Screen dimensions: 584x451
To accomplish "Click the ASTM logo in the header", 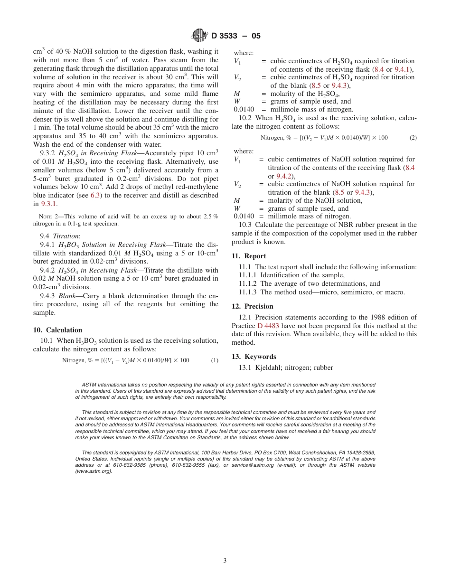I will [200, 35].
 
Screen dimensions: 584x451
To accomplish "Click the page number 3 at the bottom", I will [225, 560].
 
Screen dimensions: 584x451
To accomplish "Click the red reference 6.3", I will [95, 195].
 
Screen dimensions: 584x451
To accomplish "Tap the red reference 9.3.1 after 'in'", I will [49, 204].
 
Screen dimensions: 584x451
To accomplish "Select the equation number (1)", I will [215, 360].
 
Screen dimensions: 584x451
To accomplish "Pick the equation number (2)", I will [413, 138].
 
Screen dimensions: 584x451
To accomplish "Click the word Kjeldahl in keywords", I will [269, 367].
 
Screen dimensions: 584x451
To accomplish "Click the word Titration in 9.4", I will [66, 236].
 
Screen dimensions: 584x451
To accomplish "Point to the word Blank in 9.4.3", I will [67, 296].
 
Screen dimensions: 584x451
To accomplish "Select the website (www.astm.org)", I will [94, 471].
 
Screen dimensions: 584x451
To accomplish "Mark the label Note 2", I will [47, 217].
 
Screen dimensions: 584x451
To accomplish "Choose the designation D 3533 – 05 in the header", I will [236, 36].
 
